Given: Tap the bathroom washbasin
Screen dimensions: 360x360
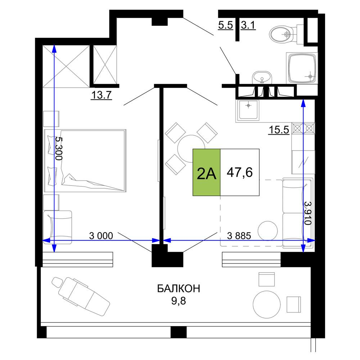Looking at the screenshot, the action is pos(262,78).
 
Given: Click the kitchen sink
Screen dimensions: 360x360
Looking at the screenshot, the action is pos(248,111).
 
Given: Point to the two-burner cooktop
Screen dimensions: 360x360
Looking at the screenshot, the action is pos(303,129).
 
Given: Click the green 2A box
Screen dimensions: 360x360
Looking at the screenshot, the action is pos(206,172).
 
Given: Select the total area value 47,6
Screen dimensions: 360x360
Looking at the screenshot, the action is pos(240,172).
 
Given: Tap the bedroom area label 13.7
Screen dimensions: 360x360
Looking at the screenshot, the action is pos(102,95).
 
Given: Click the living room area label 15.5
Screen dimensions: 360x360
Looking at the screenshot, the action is pos(279,130).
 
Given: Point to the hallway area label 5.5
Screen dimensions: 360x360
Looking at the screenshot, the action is pos(225,25).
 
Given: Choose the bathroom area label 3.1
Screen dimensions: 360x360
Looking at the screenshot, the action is pos(248,25).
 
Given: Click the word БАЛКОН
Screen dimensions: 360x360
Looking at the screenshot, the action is pos(179,289).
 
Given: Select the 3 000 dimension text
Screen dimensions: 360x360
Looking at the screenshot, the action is pos(101,235).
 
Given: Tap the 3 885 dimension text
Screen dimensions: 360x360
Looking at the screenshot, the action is pos(239,235).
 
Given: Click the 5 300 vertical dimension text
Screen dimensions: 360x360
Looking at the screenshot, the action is pos(59,149).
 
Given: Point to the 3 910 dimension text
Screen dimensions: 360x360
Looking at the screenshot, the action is pos(308,213).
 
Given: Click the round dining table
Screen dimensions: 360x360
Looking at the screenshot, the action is pos(191,148).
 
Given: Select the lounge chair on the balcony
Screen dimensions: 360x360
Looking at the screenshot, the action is pos(81,296).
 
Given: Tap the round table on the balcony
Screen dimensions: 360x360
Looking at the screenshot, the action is pos(266,304).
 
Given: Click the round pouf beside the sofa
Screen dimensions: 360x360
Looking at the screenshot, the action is pos(268,231).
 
